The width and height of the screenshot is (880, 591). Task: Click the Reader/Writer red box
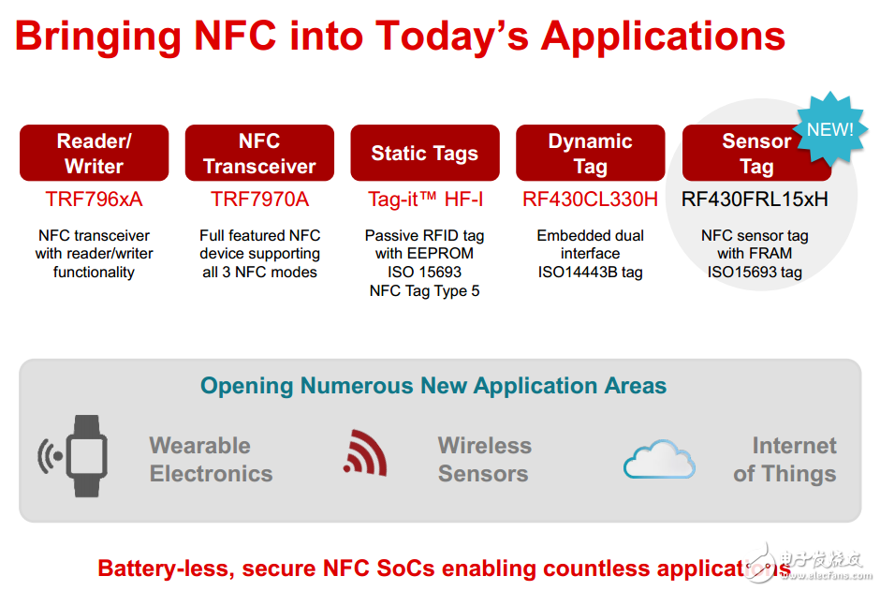94,154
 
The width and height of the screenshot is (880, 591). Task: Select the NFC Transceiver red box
259,154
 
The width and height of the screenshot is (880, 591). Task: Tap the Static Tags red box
424,154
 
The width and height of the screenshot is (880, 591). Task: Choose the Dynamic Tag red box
590,154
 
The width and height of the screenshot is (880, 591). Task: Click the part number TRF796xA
94,199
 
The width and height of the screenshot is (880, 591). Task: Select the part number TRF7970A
259,199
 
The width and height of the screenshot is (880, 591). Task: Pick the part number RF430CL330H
590,199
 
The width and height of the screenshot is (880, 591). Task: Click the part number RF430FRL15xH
755,199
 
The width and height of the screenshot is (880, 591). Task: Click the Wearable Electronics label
211,460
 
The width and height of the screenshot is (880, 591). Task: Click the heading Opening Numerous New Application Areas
433,386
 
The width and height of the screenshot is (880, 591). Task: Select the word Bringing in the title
98,36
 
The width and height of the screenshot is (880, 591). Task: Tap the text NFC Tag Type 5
424,290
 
